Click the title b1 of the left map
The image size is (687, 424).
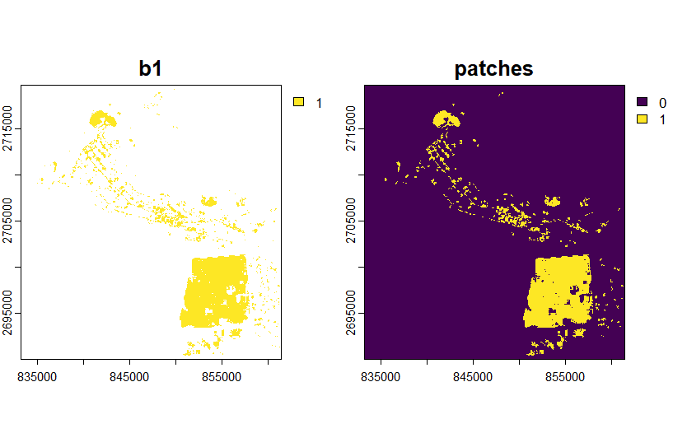(x=150, y=69)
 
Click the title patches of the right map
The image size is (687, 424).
(x=493, y=69)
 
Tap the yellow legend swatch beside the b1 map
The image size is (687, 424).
(x=298, y=102)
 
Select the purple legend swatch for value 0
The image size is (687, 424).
(x=642, y=102)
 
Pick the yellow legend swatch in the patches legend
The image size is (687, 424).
(x=642, y=119)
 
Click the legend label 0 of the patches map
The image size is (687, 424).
(x=662, y=103)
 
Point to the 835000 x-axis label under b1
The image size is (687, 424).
(x=37, y=377)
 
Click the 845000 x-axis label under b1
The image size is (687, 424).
(x=129, y=377)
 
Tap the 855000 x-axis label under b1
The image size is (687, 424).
(x=222, y=377)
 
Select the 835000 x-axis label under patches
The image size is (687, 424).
(x=381, y=377)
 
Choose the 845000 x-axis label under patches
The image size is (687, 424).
(x=473, y=377)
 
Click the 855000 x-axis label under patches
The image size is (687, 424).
(x=565, y=377)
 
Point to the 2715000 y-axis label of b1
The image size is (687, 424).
(x=7, y=128)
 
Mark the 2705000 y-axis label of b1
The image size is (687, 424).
(x=7, y=221)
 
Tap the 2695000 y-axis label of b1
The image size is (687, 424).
(x=7, y=313)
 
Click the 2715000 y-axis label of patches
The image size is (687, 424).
(x=351, y=128)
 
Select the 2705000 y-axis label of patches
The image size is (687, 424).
(x=351, y=221)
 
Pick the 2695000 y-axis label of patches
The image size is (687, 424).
(x=351, y=313)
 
